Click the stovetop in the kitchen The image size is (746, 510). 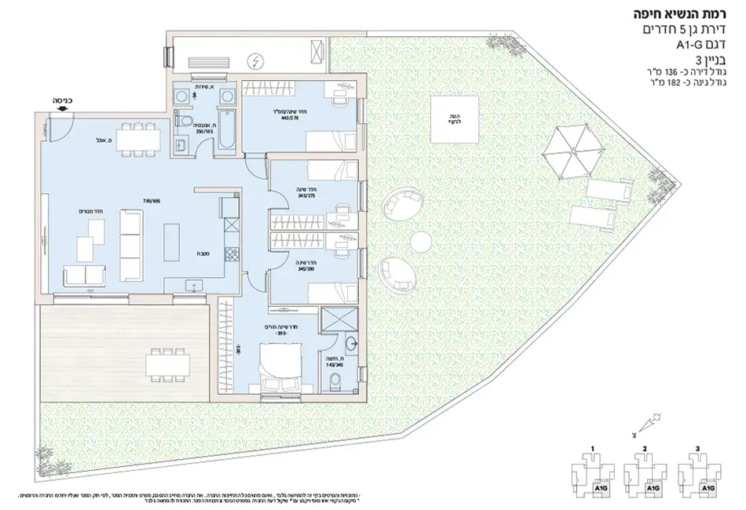[x=231, y=256]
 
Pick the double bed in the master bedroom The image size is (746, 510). [x=279, y=367]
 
